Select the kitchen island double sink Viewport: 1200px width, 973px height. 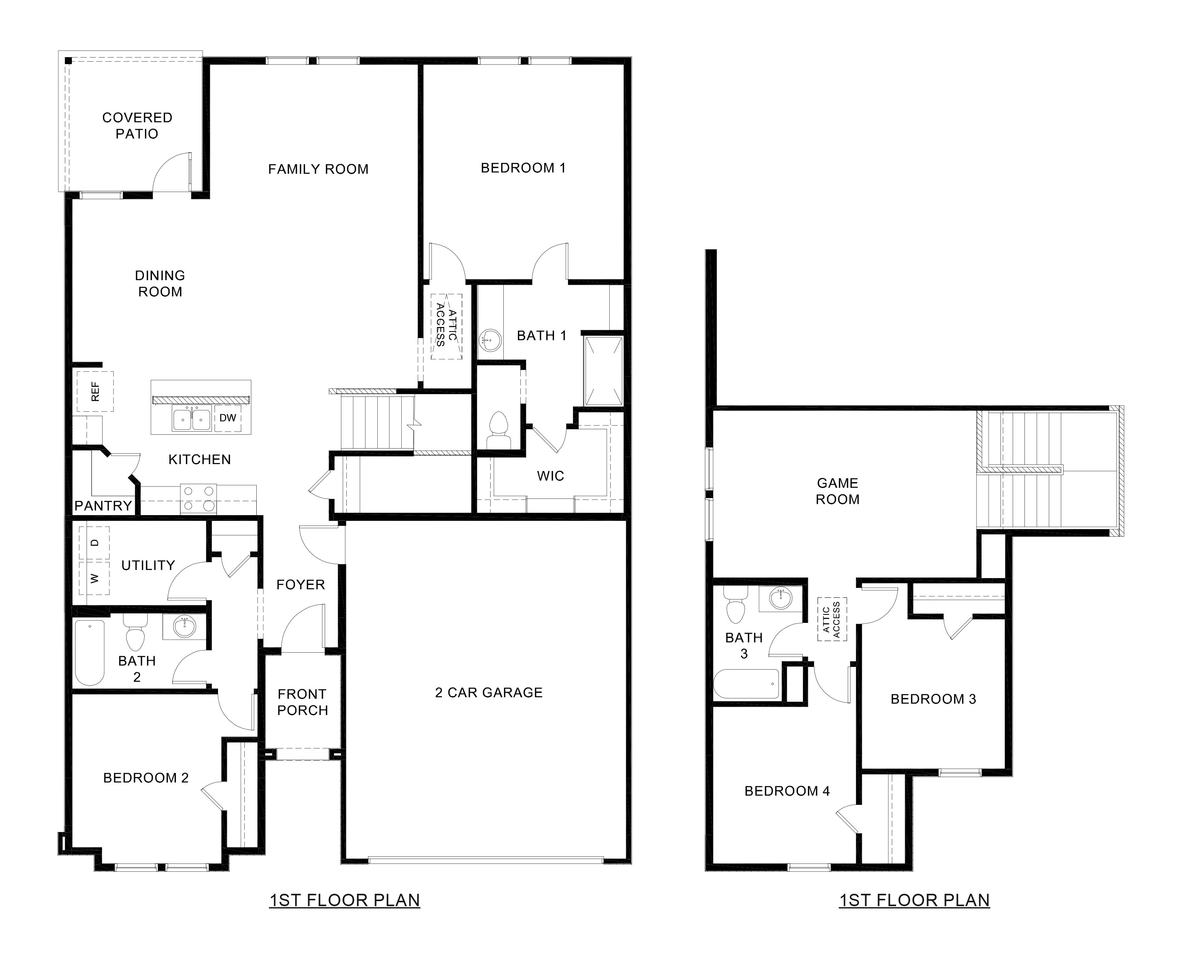191,419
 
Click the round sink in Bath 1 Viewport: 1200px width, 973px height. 491,340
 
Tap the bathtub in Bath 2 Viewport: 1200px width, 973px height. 90,652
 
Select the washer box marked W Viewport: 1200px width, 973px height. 94,578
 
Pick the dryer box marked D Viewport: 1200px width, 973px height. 94,543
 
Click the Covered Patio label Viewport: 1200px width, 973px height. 137,126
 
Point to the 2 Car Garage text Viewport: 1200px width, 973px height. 488,693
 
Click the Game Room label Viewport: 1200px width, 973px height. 837,491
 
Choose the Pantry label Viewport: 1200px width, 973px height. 103,505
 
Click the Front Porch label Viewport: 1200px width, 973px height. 302,702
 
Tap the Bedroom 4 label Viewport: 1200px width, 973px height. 787,791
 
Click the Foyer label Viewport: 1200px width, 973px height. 300,585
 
